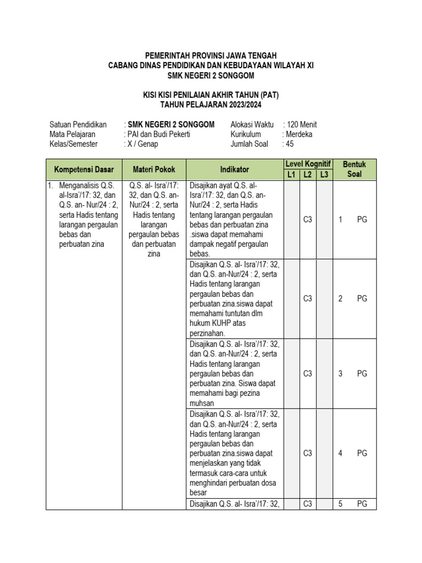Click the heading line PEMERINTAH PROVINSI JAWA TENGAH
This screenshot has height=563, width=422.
[x=210, y=56]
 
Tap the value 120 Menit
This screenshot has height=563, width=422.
[x=302, y=125]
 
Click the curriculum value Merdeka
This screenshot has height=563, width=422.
[x=298, y=134]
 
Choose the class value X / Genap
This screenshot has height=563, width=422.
[x=142, y=144]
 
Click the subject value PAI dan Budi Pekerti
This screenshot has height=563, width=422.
[x=159, y=134]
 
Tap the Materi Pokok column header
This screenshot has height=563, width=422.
[x=154, y=170]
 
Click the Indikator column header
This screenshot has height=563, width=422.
[x=235, y=170]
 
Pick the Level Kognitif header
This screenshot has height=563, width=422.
[x=308, y=164]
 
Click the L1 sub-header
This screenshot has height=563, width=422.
[x=291, y=175]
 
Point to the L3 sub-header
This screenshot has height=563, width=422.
[x=324, y=175]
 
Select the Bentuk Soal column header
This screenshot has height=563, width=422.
[x=354, y=170]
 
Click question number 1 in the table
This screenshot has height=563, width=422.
[x=341, y=219]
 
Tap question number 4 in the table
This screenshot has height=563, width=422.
[x=341, y=453]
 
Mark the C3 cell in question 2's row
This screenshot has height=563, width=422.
[x=308, y=299]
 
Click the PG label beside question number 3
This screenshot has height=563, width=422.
[x=362, y=373]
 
